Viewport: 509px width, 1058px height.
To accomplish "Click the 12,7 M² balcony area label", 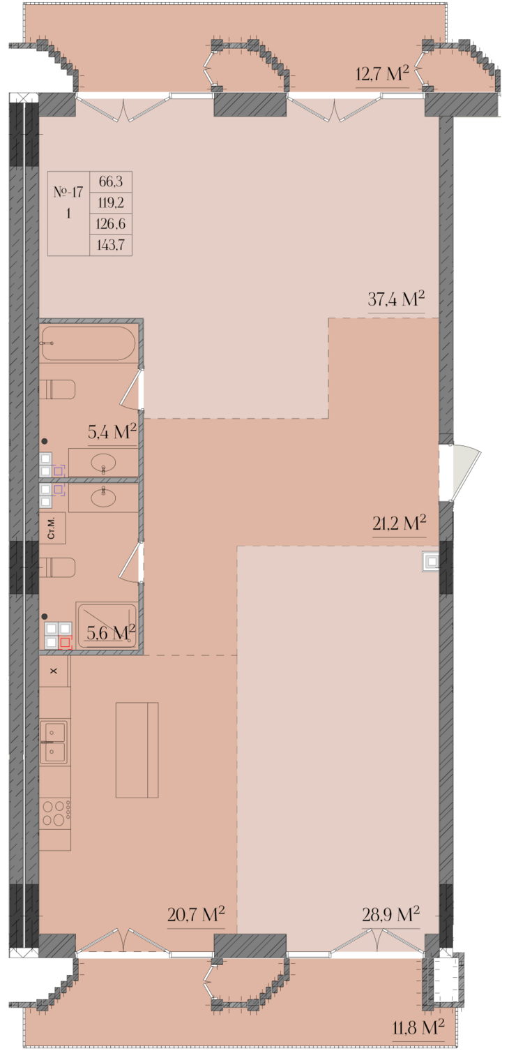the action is (x=381, y=74).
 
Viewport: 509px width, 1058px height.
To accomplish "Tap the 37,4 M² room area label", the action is (x=396, y=299).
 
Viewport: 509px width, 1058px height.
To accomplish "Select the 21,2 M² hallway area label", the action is (x=399, y=523).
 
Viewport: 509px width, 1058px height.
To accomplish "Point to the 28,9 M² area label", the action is (x=390, y=914).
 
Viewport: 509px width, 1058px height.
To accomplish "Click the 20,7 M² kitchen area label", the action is (x=196, y=914).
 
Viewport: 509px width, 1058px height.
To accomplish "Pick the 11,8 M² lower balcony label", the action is (x=418, y=1027).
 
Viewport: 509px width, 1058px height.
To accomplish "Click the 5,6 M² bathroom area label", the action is (x=111, y=632).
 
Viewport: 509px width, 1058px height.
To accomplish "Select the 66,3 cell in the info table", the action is (x=110, y=182).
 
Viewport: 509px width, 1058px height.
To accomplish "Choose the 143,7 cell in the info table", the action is (x=110, y=245).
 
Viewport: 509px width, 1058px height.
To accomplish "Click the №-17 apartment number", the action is (x=68, y=192).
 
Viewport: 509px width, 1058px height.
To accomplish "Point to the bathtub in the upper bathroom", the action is (x=89, y=343).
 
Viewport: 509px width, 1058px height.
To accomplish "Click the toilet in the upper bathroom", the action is (x=57, y=389).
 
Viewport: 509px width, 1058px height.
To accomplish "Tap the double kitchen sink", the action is (x=53, y=742).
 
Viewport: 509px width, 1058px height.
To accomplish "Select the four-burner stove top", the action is (x=56, y=813).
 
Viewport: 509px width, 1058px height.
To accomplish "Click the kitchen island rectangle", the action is (x=137, y=750).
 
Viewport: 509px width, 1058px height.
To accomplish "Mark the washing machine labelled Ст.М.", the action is (x=52, y=528).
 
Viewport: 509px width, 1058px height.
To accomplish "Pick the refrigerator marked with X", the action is (x=54, y=671).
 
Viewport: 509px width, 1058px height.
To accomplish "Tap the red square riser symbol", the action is (x=65, y=642).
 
